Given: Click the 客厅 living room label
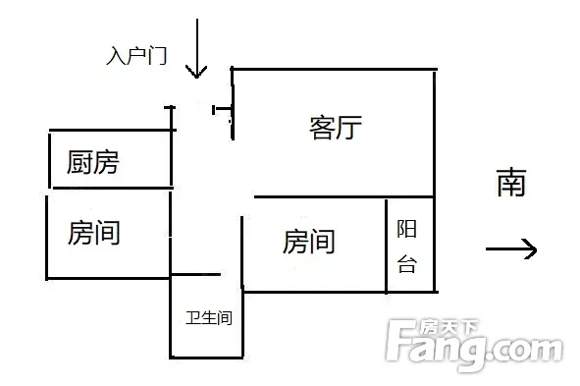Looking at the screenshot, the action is click(336, 128).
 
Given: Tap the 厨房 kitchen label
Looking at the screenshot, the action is click(93, 162).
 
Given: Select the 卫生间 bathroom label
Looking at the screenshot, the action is click(209, 318).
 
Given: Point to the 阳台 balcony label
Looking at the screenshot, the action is click(407, 247).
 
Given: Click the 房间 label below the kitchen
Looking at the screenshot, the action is click(93, 233).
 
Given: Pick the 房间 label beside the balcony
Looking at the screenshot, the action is click(309, 242).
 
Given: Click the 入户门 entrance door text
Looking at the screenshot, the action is click(136, 56).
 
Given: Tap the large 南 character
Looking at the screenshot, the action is click(511, 182).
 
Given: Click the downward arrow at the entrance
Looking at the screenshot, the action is click(197, 48).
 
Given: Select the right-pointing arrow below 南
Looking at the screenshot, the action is click(511, 248).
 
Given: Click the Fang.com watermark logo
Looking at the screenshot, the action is click(475, 344).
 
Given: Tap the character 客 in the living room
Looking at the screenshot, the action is click(322, 128).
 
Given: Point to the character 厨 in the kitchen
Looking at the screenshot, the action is click(79, 162).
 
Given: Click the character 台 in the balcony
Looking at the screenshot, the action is click(407, 264).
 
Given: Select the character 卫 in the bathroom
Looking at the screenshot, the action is click(193, 318).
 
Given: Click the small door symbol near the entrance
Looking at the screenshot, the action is click(222, 110).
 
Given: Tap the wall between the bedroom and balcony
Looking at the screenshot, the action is click(386, 247).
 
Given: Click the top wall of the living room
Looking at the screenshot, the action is click(334, 69).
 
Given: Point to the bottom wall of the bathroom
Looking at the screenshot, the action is click(206, 358).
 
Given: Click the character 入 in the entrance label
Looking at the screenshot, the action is click(116, 56).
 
